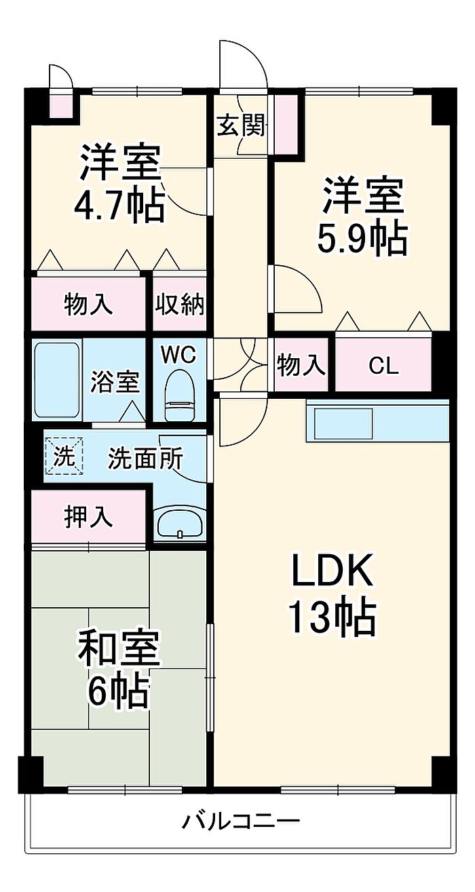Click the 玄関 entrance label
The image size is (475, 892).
(x=241, y=125)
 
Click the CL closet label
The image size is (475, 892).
(x=384, y=366)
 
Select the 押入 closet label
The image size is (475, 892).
(x=88, y=517)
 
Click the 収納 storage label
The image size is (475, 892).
(x=179, y=305)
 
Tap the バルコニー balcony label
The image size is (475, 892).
(x=241, y=823)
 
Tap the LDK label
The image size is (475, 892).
(x=332, y=573)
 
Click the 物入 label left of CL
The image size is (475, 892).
(x=301, y=366)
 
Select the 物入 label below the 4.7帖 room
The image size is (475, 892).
(x=88, y=305)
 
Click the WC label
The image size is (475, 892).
(x=178, y=353)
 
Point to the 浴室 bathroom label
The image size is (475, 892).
(x=115, y=382)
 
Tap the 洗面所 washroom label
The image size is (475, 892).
(x=145, y=459)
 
